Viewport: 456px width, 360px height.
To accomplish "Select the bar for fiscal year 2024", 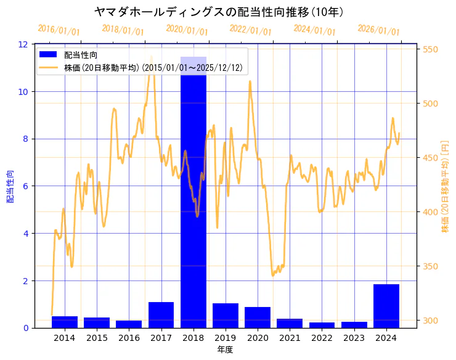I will (386, 306).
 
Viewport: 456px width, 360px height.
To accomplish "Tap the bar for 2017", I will (161, 314).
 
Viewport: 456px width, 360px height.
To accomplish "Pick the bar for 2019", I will (225, 315).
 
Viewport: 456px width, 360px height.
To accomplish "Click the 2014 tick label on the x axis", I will (65, 338).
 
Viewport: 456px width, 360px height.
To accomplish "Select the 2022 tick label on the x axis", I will (322, 338).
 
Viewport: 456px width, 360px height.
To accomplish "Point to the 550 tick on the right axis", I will (430, 49).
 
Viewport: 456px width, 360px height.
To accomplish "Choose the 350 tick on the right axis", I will (430, 266).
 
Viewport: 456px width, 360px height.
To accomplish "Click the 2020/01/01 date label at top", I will (187, 30).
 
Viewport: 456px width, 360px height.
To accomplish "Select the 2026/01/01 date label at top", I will (378, 30).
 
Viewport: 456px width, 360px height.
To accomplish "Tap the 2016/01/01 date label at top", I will (59, 30).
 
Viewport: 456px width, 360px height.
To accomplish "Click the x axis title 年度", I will (225, 350).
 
